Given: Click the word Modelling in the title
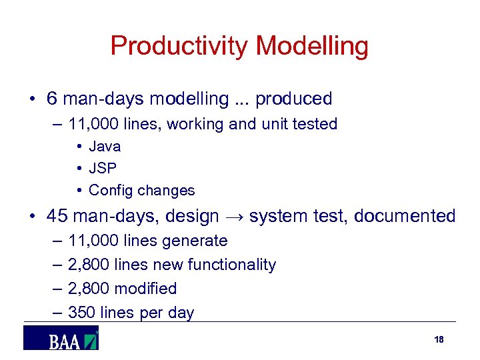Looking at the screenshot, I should point(312,46).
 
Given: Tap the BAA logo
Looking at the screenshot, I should point(61,339).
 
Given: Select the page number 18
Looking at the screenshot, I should point(438,339).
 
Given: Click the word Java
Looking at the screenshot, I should point(105,146).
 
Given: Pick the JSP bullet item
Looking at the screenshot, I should point(103,168).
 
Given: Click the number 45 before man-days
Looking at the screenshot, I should point(57,216).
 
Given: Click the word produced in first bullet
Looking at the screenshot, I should point(293,99).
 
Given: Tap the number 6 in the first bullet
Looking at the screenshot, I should point(52,99).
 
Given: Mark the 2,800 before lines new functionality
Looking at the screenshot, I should point(89,265).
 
